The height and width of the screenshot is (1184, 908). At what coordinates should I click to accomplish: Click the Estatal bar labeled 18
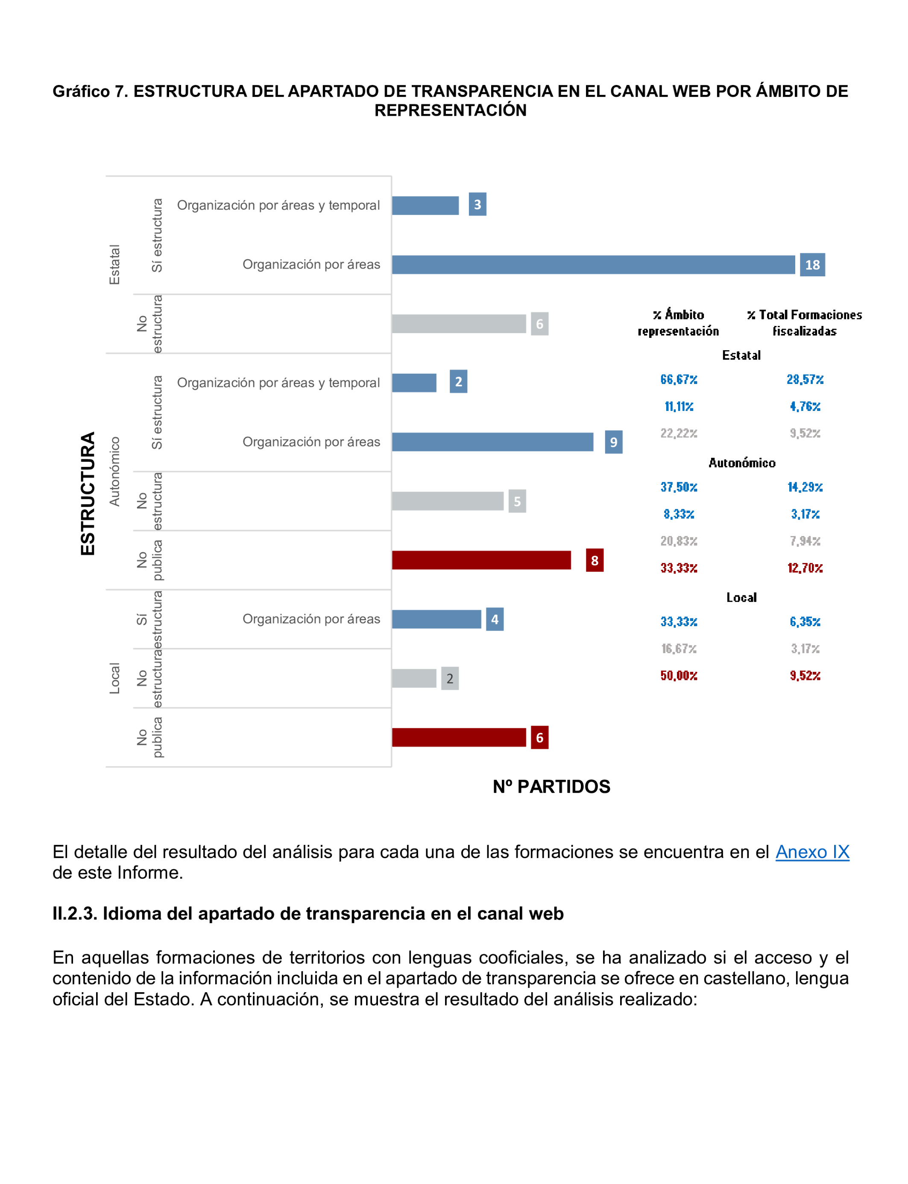(x=593, y=265)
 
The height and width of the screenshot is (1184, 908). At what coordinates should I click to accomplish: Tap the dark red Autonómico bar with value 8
(x=481, y=560)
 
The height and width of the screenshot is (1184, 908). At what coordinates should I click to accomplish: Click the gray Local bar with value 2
(x=414, y=678)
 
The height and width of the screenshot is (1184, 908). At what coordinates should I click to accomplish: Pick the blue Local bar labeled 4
(x=436, y=619)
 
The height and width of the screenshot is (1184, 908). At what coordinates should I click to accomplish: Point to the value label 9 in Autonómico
(x=613, y=442)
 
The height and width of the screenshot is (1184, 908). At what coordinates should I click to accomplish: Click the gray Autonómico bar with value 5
(x=448, y=501)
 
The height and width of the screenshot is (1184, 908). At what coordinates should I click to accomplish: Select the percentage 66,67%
(x=679, y=379)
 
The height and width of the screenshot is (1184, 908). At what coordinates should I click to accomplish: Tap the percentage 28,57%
(x=805, y=379)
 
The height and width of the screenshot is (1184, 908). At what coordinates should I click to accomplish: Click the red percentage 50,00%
(x=679, y=675)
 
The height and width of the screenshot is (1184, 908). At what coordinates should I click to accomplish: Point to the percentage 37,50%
(x=679, y=487)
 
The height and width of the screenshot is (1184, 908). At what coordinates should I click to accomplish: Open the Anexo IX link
(x=812, y=852)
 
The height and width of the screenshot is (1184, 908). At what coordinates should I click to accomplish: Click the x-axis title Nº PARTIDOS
(x=551, y=787)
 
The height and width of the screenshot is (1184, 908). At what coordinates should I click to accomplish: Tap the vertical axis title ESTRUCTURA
(x=88, y=493)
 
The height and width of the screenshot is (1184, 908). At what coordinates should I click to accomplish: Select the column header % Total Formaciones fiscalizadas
(x=804, y=322)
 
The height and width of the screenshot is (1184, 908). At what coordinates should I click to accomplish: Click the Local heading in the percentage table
(x=741, y=597)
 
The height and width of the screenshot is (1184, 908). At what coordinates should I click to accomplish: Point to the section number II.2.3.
(x=75, y=914)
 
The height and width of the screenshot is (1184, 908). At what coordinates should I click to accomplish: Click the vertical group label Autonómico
(x=114, y=471)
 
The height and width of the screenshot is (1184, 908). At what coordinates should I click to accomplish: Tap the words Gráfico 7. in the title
(x=90, y=91)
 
